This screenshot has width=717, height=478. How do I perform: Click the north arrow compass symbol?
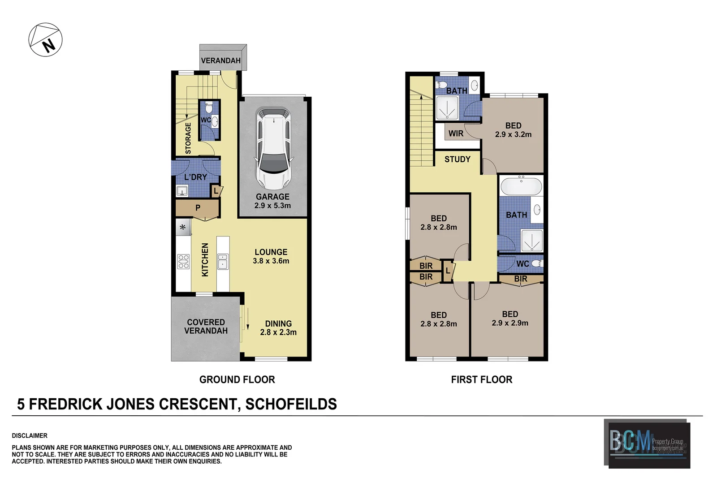(45, 40)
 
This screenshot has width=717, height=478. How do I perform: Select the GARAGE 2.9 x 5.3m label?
(272, 201)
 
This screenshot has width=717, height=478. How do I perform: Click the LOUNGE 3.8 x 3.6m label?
(271, 256)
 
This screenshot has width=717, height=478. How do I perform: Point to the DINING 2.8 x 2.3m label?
(278, 327)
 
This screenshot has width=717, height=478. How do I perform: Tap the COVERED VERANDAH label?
(206, 326)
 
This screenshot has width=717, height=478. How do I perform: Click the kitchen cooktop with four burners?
(183, 262)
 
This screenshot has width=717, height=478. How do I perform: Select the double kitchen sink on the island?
(223, 261)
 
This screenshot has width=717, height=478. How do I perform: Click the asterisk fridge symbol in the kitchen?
(183, 228)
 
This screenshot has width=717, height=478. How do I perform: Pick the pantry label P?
(198, 208)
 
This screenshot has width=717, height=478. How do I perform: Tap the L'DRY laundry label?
(196, 177)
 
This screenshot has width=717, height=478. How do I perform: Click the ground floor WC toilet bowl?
(208, 108)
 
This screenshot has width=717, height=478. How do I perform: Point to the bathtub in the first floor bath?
(521, 185)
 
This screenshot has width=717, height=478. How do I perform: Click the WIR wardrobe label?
(456, 133)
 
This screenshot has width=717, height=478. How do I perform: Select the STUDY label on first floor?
(457, 159)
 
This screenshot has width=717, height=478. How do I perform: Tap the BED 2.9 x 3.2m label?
(513, 130)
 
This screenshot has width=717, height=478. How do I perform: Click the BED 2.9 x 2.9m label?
(510, 319)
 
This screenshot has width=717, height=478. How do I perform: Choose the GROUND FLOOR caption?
(237, 379)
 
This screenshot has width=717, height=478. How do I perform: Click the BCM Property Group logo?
(648, 443)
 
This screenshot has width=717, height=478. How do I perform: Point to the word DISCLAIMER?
(30, 435)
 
